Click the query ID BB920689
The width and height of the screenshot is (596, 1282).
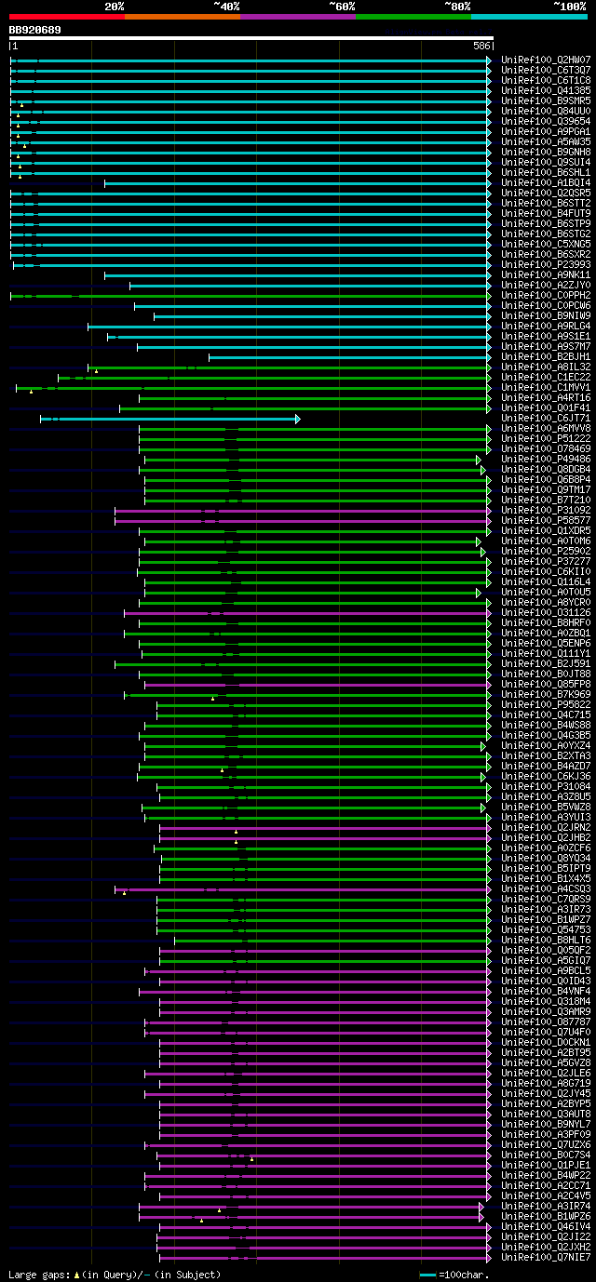(x=35, y=30)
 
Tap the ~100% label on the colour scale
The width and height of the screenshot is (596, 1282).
(x=569, y=7)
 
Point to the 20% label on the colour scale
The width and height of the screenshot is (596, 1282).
(x=114, y=7)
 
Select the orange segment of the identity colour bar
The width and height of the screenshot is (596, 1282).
(x=182, y=16)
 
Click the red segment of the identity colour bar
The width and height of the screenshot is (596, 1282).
(x=66, y=16)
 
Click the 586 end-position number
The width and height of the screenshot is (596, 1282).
(x=481, y=45)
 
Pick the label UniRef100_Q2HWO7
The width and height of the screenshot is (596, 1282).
(x=546, y=60)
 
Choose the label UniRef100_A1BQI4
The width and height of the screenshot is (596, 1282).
(x=546, y=182)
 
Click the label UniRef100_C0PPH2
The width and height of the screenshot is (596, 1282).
(x=546, y=295)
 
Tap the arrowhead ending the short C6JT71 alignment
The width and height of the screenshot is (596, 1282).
(x=298, y=419)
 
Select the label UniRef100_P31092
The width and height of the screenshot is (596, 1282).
(x=546, y=510)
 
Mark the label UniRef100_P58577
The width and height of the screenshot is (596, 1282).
(x=546, y=520)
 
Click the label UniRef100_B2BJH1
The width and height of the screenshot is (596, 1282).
(x=546, y=356)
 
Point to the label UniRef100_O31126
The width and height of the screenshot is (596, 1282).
(x=546, y=612)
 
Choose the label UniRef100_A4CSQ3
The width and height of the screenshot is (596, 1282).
(x=546, y=888)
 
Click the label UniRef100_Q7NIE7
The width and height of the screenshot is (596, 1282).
(x=546, y=1257)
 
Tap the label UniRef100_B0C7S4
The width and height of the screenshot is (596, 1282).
(x=546, y=1155)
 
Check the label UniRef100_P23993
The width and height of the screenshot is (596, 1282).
(x=546, y=264)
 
